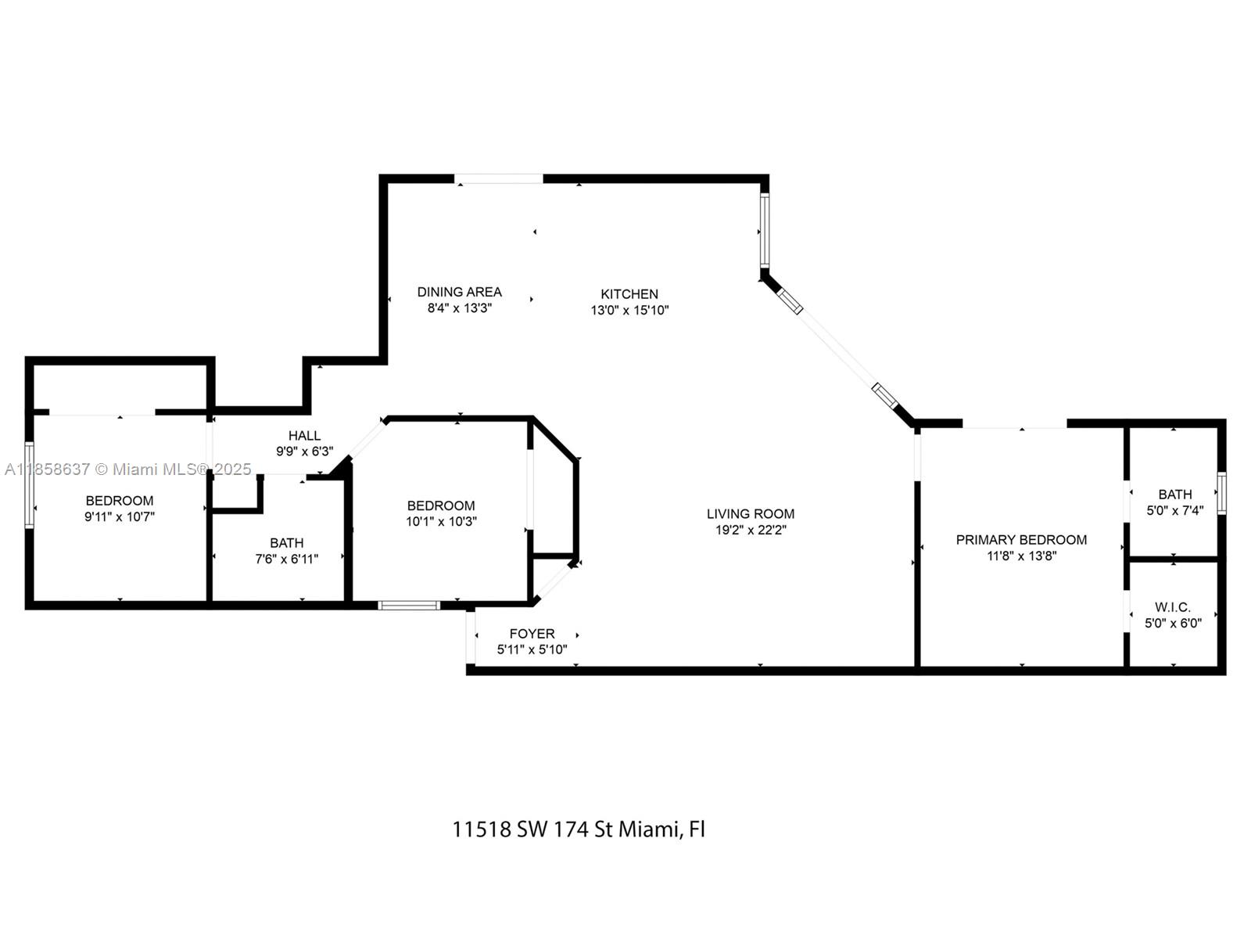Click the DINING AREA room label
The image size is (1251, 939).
tap(459, 292)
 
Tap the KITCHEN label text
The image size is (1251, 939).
tap(629, 294)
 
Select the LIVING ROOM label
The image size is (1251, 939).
tap(751, 514)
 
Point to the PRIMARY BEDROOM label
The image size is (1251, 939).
tap(1021, 540)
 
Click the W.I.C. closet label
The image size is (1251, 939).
tap(1173, 607)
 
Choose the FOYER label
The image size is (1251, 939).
tap(532, 634)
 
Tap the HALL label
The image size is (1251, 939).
tap(304, 436)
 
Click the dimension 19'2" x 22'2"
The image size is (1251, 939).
tap(751, 531)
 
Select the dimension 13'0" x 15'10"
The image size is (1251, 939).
tap(629, 311)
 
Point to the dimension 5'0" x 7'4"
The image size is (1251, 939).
tap(1174, 510)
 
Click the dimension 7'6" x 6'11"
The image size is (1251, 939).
tap(287, 559)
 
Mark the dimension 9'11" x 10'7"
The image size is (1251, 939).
tap(120, 517)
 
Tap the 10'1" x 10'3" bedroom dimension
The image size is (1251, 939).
tap(441, 522)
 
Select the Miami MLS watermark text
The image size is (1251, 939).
tap(129, 469)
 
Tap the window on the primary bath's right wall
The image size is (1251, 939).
tap(1221, 493)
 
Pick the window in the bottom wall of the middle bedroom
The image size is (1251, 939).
tap(409, 605)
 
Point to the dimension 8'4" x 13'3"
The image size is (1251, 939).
tap(459, 308)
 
